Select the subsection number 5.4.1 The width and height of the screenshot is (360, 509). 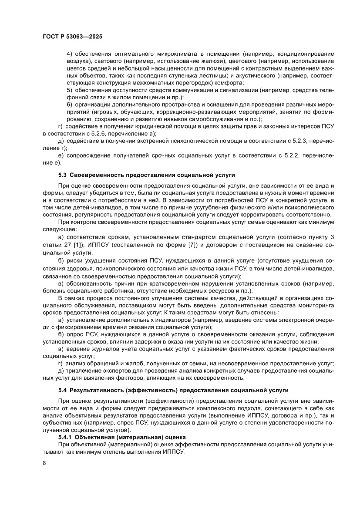[x=66, y=437]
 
